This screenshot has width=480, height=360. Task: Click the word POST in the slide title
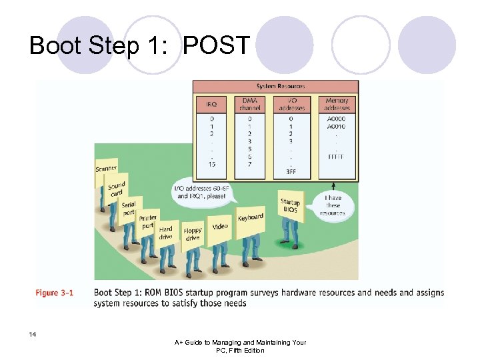tap(217, 46)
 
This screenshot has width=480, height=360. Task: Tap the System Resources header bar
tap(275, 86)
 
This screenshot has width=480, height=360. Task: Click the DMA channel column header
tap(250, 104)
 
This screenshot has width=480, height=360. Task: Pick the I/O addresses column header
tap(291, 104)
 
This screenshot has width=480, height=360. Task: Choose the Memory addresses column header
tap(337, 104)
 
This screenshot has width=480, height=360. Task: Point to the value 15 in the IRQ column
tap(211, 164)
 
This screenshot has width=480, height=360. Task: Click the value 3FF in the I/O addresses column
tap(291, 171)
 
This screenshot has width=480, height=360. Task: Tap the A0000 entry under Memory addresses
tap(336, 119)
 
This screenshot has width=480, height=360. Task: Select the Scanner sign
tap(106, 169)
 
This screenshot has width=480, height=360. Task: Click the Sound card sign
tap(117, 189)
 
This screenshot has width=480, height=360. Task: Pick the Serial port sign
tap(129, 208)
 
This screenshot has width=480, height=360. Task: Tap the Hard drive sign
tap(165, 233)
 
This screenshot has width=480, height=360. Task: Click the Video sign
tap(220, 227)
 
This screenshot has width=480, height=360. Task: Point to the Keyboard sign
tap(250, 217)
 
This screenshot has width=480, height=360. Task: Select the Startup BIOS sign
tap(290, 205)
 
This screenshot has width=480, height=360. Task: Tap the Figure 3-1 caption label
tap(55, 293)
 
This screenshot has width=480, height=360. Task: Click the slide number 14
tap(32, 333)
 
